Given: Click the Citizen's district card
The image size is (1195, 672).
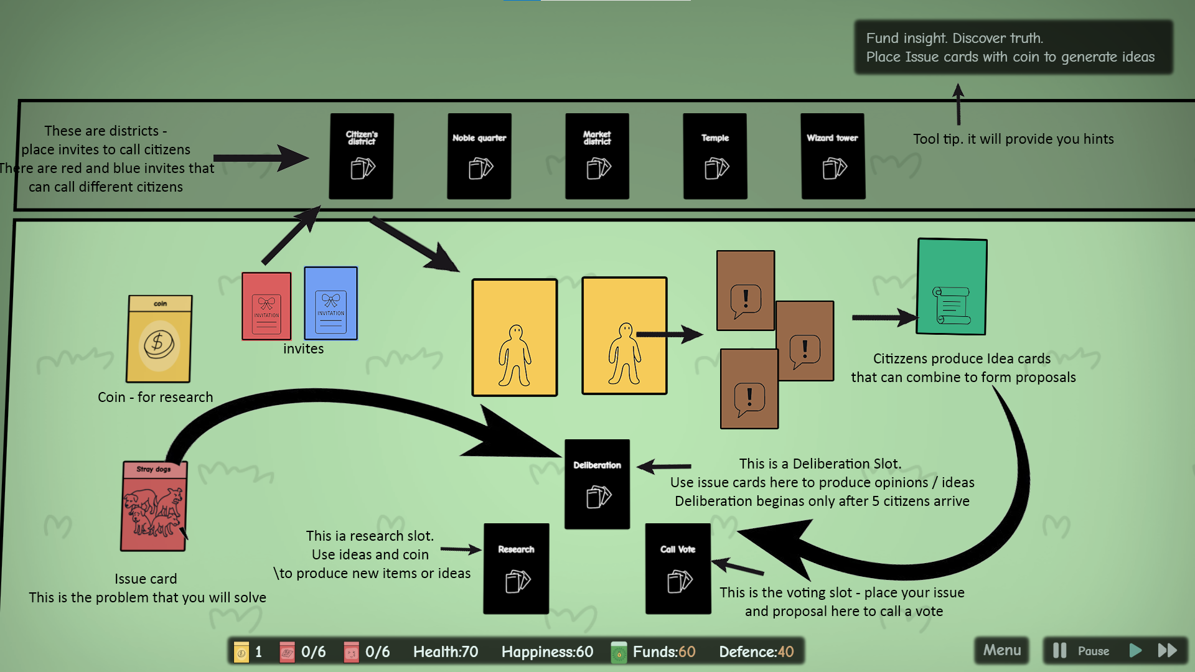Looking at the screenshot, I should click(361, 156).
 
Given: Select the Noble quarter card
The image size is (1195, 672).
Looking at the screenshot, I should click(479, 156).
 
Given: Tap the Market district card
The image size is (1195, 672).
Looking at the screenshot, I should click(597, 156).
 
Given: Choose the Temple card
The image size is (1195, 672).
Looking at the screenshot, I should click(715, 156).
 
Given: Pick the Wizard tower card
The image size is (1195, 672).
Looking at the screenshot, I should click(833, 156).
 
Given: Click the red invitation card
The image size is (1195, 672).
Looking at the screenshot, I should click(266, 306).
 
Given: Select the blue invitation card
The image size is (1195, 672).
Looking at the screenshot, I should click(330, 303).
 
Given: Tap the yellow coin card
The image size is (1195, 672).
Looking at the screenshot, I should click(159, 339).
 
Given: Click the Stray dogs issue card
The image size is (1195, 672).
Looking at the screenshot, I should click(153, 506).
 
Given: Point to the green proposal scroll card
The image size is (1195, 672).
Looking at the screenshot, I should click(952, 287).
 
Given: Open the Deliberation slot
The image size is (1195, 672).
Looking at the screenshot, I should click(597, 484).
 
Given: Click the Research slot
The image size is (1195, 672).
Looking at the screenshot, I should click(516, 569).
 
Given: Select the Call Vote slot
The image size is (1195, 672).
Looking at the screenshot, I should click(678, 569).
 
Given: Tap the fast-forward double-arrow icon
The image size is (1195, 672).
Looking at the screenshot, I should click(1168, 651).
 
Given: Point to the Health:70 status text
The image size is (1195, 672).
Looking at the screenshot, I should click(446, 652).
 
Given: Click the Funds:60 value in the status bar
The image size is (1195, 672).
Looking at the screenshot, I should click(663, 652).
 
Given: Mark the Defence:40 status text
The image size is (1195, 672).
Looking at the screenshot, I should click(756, 652).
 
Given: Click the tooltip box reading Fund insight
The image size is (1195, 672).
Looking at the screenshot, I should click(1013, 47).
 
